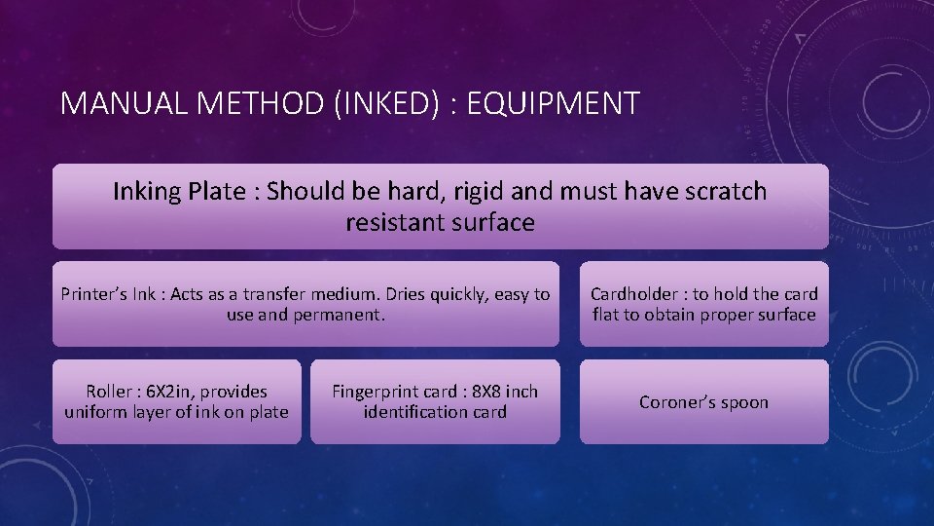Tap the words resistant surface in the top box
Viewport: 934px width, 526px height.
pyautogui.click(x=440, y=222)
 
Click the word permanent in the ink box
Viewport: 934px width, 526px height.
pyautogui.click(x=341, y=316)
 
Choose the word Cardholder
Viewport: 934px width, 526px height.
pyautogui.click(x=634, y=294)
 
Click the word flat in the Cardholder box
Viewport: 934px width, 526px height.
pyautogui.click(x=607, y=315)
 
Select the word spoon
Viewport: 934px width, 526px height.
pyautogui.click(x=746, y=403)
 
